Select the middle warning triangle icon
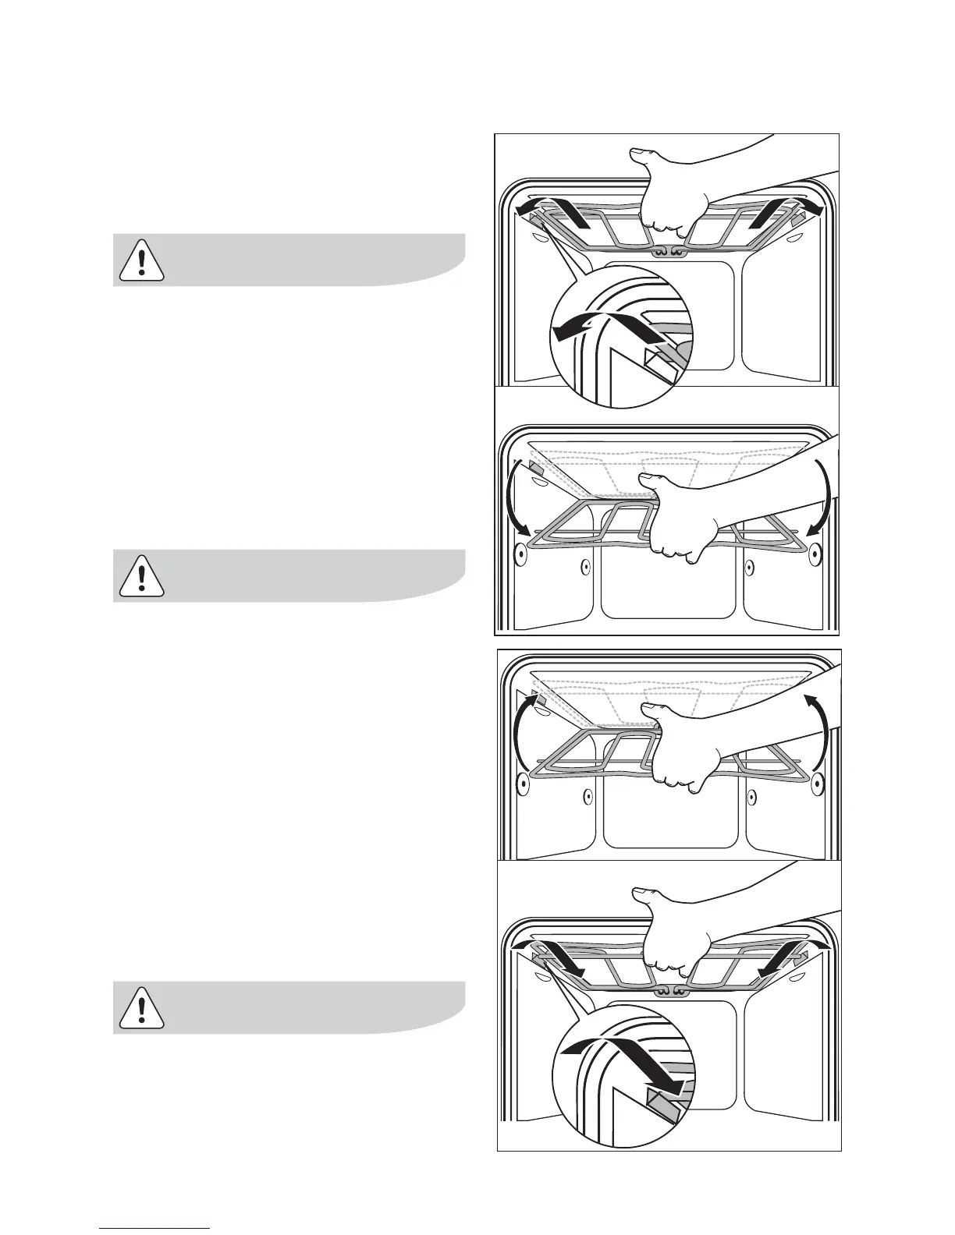click(x=141, y=577)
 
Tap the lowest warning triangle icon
click(x=141, y=1009)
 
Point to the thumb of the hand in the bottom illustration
click(x=647, y=893)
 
